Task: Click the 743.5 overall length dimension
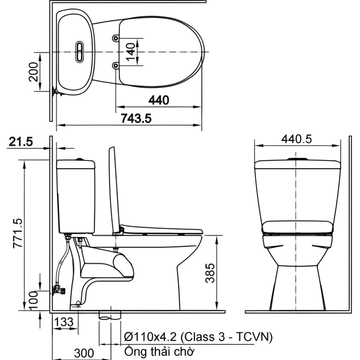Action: tap(136, 119)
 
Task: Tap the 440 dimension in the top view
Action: tap(159, 100)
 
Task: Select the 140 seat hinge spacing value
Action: tap(131, 52)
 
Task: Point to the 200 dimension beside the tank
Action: tap(34, 72)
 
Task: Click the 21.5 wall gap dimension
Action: tap(21, 142)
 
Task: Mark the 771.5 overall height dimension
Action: tap(18, 233)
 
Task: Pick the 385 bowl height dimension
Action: tap(210, 273)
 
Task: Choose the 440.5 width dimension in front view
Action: tap(297, 139)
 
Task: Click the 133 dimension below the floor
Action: tap(64, 322)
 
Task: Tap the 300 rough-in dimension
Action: tap(84, 353)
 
